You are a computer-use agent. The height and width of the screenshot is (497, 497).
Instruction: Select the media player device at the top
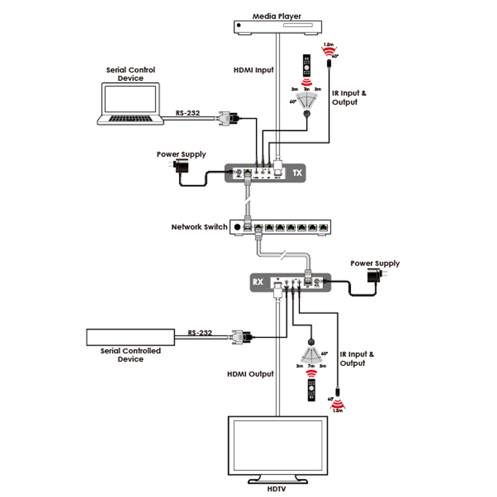pyautogui.click(x=276, y=27)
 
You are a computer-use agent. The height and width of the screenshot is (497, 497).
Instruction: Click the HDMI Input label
pyautogui.click(x=250, y=70)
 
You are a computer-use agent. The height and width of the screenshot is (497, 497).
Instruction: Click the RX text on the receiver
pyautogui.click(x=257, y=283)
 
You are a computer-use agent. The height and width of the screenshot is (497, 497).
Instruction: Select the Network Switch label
pyautogui.click(x=199, y=227)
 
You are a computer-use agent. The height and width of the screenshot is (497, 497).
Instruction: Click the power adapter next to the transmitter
pyautogui.click(x=183, y=166)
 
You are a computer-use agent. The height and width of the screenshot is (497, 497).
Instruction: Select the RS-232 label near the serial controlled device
pyautogui.click(x=200, y=333)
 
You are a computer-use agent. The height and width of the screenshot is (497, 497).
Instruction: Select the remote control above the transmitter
pyautogui.click(x=306, y=65)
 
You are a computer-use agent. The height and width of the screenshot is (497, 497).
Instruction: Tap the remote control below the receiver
pyautogui.click(x=309, y=389)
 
